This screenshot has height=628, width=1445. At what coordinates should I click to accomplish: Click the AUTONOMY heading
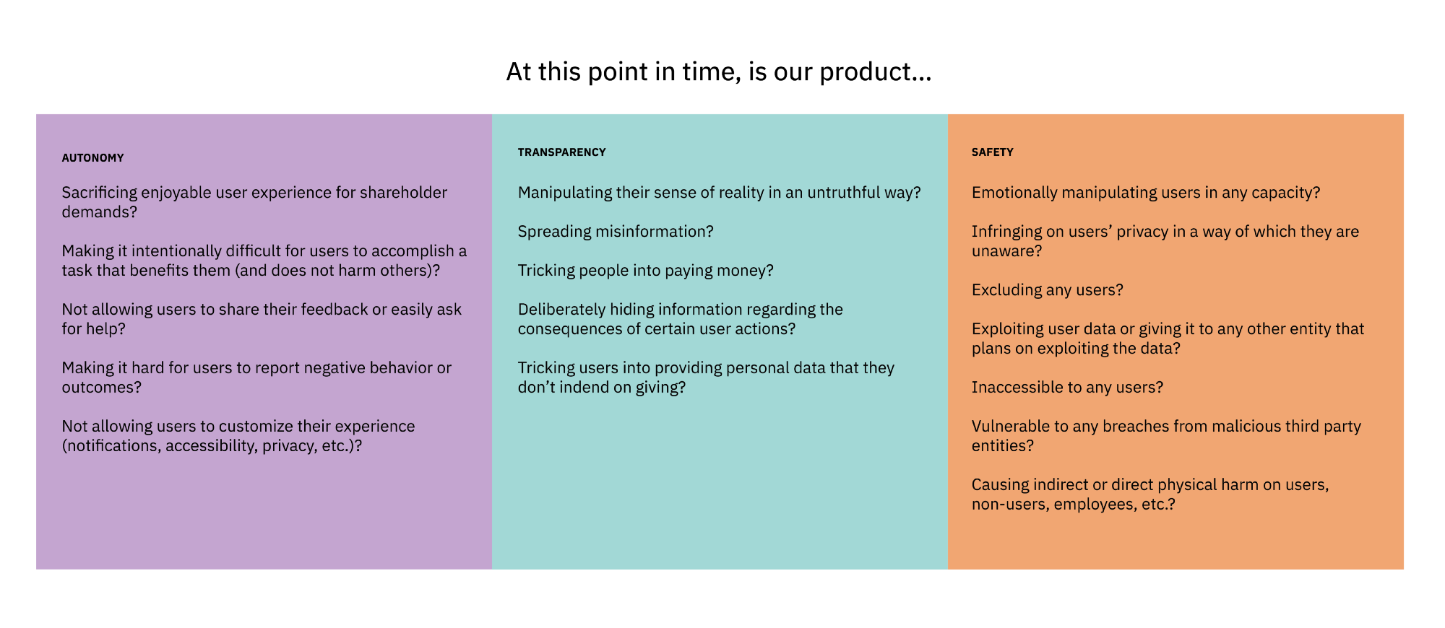click(x=92, y=158)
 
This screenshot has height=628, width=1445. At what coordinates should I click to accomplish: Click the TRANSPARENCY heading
click(x=561, y=152)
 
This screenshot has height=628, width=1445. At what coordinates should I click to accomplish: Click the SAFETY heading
click(x=992, y=152)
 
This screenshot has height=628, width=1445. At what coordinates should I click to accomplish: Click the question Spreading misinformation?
click(x=615, y=232)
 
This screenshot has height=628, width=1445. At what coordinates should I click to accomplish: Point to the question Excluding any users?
click(x=1047, y=290)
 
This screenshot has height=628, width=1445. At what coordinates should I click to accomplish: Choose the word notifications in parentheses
click(x=111, y=446)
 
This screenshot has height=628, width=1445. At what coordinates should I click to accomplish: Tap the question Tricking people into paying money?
click(x=645, y=271)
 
